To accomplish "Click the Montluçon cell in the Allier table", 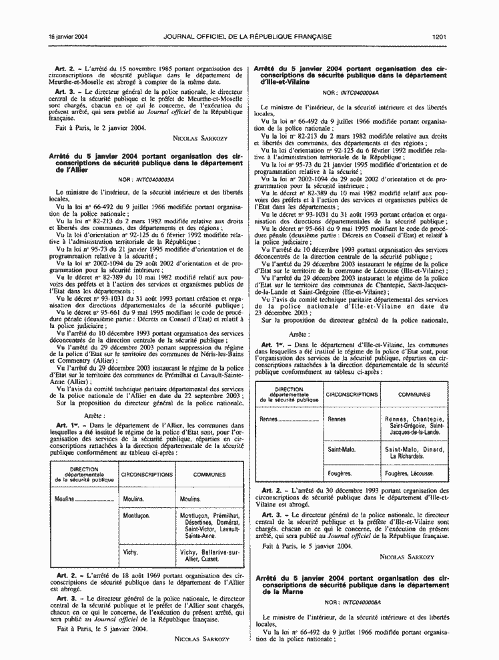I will click(138, 515).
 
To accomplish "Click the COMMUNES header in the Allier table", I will click(209, 474).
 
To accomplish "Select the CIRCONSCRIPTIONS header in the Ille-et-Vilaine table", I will click(352, 395).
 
